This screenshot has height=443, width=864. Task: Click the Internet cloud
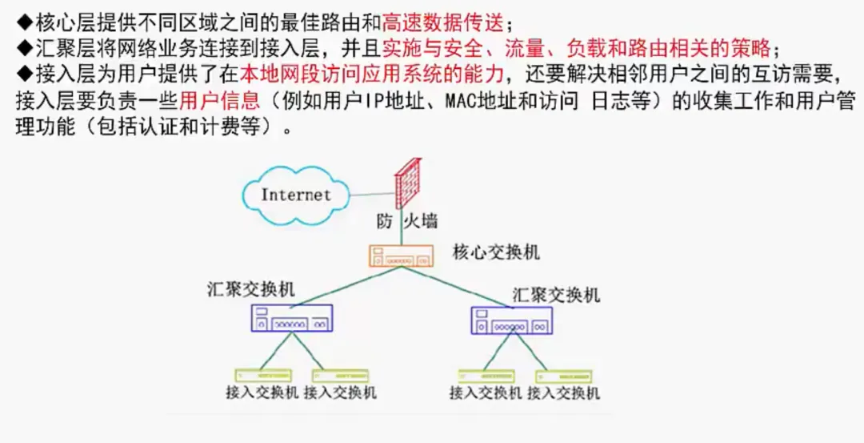pos(294,194)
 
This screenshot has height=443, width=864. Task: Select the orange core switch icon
pos(401,256)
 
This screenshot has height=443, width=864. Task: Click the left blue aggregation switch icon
pos(292,318)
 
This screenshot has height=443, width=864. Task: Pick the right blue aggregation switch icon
pos(511,320)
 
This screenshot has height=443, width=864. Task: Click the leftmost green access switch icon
pos(262,375)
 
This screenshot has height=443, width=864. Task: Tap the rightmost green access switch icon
pos(564,376)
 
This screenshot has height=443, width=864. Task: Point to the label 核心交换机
pos(496,252)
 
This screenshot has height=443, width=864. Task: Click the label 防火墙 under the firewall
pos(407,220)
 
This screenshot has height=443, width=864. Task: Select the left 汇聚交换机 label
pos(250,289)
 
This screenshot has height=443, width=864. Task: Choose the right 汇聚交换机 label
pos(555,294)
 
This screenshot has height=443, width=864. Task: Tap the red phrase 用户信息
pos(220,101)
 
